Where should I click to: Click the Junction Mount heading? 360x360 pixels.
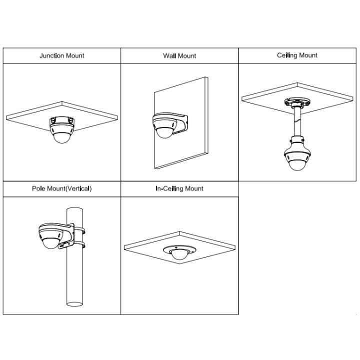62,56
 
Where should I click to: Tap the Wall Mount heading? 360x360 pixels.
179,56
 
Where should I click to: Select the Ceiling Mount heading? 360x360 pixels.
297,55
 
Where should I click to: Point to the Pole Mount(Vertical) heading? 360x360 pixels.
62,188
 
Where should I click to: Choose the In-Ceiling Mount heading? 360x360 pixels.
179,188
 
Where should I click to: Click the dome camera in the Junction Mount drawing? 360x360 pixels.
62,129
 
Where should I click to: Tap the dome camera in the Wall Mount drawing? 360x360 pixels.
164,125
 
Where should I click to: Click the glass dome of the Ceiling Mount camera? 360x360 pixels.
297,165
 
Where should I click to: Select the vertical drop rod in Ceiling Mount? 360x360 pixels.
297,122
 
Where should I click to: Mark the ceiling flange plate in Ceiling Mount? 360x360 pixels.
297,102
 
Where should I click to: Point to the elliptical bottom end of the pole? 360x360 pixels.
74,304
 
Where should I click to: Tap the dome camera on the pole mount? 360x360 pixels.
51,236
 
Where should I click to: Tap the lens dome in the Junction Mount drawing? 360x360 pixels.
62,138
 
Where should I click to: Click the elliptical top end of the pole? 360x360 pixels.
74,209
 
